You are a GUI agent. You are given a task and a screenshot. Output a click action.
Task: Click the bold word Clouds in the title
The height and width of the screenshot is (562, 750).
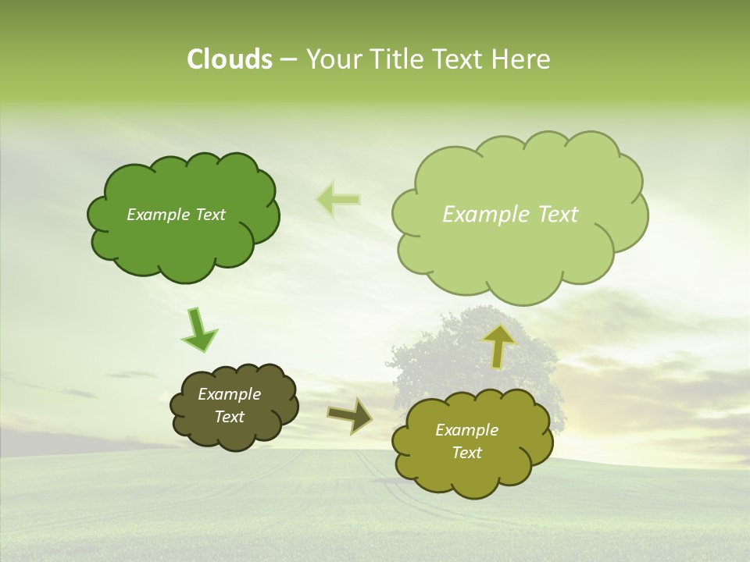(x=229, y=59)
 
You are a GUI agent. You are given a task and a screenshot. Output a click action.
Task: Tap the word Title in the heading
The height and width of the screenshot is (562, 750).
(x=399, y=59)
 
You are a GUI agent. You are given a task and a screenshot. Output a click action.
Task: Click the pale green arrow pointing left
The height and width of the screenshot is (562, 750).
(x=339, y=200)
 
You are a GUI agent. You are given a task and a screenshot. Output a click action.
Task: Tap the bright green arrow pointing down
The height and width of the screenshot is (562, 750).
(x=198, y=329)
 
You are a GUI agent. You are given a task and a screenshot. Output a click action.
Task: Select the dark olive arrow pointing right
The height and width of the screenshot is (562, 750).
(x=351, y=415)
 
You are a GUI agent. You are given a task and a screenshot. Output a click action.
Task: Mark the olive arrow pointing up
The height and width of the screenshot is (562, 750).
(x=498, y=345)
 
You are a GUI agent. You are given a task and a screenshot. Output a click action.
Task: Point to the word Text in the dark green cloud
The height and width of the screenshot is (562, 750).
(x=209, y=215)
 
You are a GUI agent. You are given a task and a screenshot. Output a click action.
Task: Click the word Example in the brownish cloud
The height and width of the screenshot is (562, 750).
(x=229, y=394)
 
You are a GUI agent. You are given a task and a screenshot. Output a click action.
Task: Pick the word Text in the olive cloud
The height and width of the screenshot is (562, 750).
(x=466, y=453)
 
